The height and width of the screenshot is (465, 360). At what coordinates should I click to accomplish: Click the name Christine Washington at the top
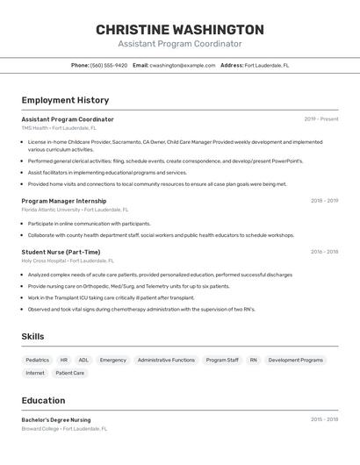click(179, 30)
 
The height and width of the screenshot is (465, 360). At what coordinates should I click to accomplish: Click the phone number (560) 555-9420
click(108, 65)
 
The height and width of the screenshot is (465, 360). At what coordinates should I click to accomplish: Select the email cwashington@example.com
click(182, 65)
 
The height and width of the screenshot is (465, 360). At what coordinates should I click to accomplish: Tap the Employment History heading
click(65, 100)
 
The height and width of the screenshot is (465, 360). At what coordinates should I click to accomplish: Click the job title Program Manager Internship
click(64, 201)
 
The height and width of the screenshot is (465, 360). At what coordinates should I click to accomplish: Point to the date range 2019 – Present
click(320, 119)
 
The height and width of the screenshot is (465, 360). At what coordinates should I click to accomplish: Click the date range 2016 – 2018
click(324, 252)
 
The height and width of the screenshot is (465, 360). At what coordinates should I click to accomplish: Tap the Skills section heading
click(32, 336)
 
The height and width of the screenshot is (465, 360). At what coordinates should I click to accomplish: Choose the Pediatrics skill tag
click(38, 360)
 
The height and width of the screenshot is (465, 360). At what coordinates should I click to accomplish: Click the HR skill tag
click(64, 360)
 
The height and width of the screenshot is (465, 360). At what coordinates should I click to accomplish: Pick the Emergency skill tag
click(113, 360)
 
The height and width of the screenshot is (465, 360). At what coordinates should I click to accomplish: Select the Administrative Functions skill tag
click(166, 360)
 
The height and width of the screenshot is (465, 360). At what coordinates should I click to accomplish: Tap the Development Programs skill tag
click(295, 360)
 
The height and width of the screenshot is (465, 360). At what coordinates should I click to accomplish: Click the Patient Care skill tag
click(70, 373)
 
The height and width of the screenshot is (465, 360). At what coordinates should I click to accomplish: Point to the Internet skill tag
click(35, 373)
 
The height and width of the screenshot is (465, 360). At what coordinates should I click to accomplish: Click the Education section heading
click(43, 400)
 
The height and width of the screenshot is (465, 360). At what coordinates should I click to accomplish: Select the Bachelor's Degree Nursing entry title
click(56, 419)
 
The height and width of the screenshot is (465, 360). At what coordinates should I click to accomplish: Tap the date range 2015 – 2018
click(324, 419)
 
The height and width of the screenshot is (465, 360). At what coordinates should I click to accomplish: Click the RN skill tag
click(254, 360)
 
